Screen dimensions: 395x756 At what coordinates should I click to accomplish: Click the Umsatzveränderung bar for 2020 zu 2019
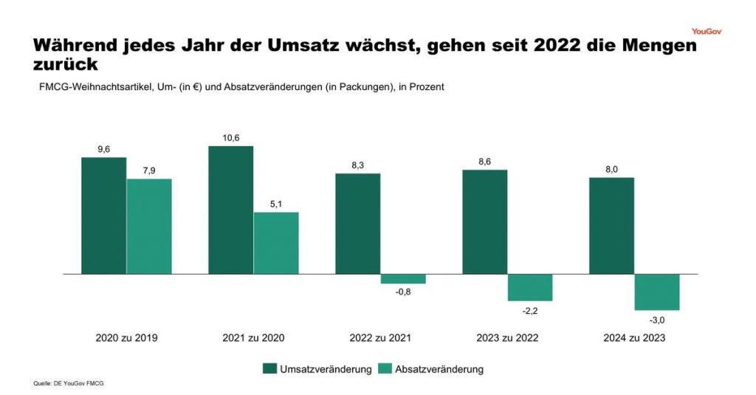[x=103, y=216]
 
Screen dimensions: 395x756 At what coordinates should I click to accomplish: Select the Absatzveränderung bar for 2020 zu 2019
[x=149, y=226]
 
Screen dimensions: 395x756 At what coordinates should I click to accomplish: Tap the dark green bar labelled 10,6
[x=230, y=210]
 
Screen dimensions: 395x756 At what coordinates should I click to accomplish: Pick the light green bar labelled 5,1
[x=276, y=243]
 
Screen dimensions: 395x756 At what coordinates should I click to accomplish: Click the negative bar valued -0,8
[x=403, y=279]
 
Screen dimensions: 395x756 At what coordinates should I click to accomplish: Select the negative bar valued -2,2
[x=530, y=287]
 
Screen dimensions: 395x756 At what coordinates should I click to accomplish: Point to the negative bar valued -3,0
[x=657, y=292]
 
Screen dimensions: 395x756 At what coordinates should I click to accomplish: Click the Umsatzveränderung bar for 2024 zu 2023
[x=611, y=225]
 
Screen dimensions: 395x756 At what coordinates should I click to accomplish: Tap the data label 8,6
[x=485, y=160]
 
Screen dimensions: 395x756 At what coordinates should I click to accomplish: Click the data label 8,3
[x=358, y=164]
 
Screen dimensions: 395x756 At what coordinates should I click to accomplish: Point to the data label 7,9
[x=149, y=170]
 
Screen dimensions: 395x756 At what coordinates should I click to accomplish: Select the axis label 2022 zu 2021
[x=380, y=338]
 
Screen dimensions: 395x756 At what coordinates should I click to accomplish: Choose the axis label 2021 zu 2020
[x=253, y=338]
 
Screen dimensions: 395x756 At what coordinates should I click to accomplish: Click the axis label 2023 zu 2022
[x=507, y=338]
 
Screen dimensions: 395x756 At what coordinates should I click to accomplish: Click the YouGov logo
[x=707, y=31]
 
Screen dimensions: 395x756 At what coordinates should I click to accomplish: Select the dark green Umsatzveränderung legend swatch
[x=270, y=368]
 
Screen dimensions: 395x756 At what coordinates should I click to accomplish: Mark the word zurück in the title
[x=66, y=65]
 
